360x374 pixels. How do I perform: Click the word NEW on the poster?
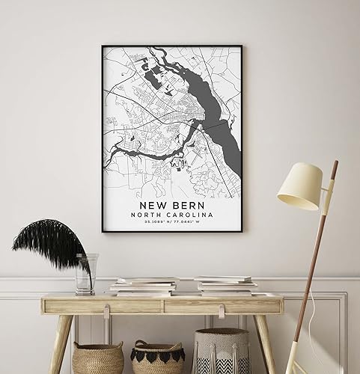(154, 203)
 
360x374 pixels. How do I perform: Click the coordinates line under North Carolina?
(171, 222)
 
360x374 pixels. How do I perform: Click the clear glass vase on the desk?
(85, 273)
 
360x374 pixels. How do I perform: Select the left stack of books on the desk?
(144, 286)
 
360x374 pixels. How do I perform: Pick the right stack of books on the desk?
(225, 285)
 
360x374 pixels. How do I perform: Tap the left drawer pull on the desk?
(107, 306)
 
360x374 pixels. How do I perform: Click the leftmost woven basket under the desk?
(98, 358)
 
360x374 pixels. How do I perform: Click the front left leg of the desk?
(58, 344)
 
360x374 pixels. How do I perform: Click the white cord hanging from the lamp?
(329, 299)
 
